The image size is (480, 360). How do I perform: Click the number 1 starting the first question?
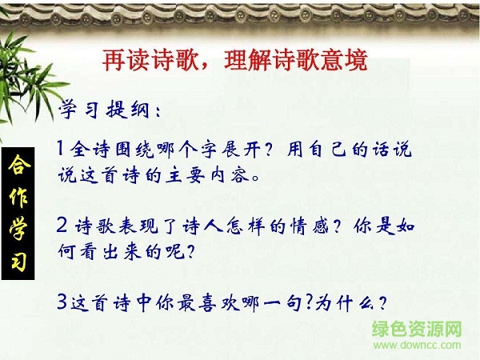tap(62, 149)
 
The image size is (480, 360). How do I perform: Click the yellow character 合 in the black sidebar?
tap(18, 167)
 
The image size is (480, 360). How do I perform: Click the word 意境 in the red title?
tap(345, 59)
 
